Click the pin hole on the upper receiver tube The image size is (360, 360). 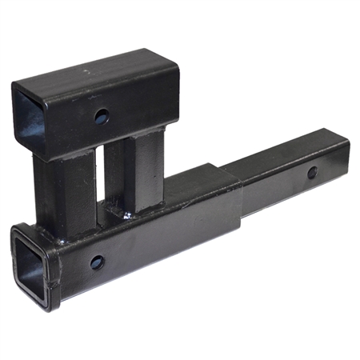click(101, 117)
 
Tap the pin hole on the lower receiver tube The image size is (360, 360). click(97, 262)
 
